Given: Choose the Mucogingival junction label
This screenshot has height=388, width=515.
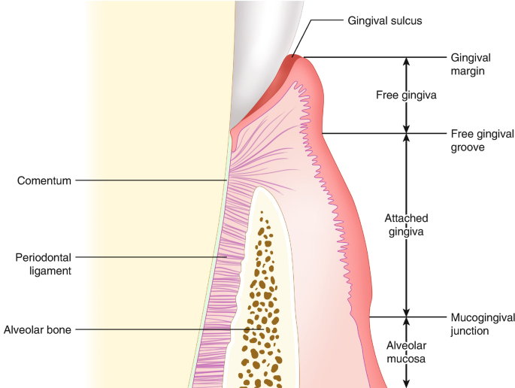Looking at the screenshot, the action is (x=480, y=323).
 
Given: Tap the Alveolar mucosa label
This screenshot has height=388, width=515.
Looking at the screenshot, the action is (x=406, y=352).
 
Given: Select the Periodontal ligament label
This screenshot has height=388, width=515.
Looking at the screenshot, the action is (x=44, y=264).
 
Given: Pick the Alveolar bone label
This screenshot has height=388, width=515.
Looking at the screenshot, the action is (x=38, y=329).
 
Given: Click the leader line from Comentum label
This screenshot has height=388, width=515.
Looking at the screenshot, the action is (x=150, y=180).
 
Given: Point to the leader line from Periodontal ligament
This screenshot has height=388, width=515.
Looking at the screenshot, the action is (x=150, y=258).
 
